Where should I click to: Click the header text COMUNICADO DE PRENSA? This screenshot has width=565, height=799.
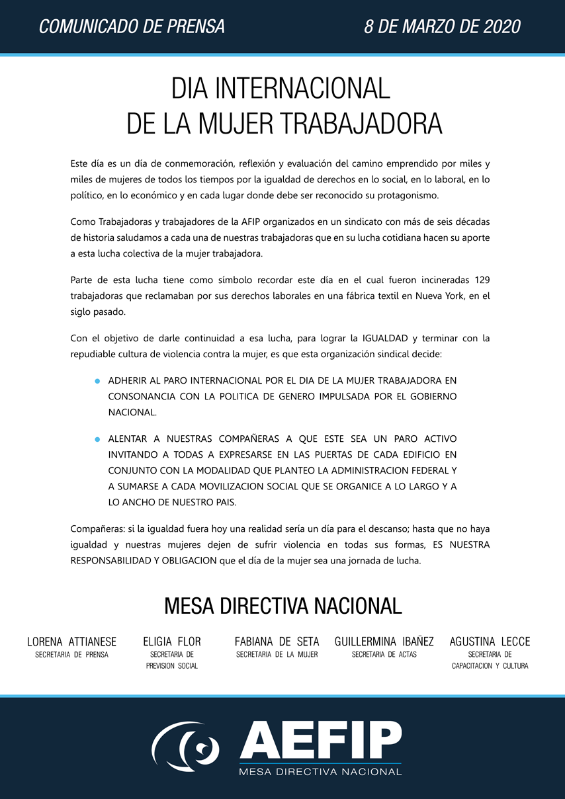click(x=132, y=26)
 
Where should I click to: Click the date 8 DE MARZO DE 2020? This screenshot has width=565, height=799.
click(x=442, y=26)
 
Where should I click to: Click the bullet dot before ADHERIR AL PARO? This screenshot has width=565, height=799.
click(x=97, y=381)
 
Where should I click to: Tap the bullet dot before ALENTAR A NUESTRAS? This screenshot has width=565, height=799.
click(x=97, y=439)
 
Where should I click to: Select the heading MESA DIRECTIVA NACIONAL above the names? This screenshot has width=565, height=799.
click(x=282, y=605)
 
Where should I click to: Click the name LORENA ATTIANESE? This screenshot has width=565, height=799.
click(x=71, y=642)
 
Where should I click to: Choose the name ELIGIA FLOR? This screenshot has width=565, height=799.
click(x=172, y=642)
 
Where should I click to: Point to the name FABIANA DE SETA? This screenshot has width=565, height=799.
click(x=277, y=642)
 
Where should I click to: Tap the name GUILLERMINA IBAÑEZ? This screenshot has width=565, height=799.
click(x=384, y=642)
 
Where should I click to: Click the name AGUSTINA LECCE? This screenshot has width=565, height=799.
click(x=490, y=642)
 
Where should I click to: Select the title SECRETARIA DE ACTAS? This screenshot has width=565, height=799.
click(x=384, y=655)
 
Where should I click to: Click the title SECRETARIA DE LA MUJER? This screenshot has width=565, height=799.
click(x=277, y=655)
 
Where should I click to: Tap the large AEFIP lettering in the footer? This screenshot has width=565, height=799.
click(x=320, y=741)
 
